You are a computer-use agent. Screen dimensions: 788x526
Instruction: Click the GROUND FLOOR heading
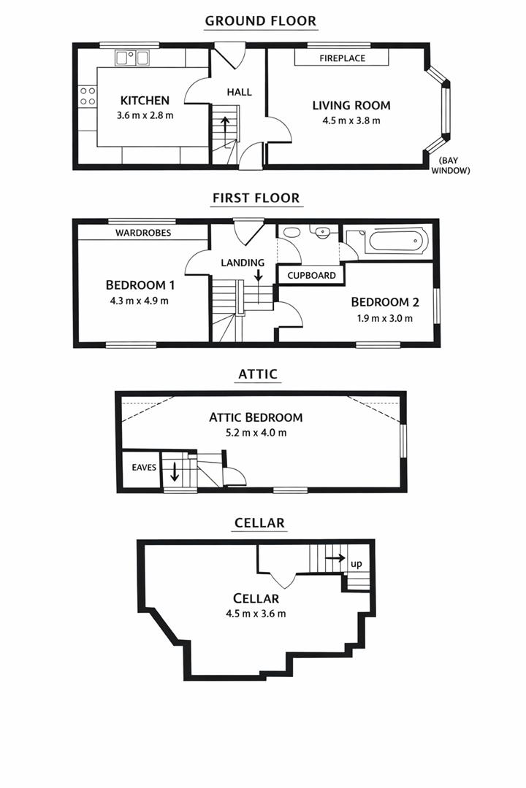tap(261, 20)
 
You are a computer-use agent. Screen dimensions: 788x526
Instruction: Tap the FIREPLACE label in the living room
tap(342, 58)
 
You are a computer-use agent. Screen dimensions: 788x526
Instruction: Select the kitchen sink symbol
tap(132, 57)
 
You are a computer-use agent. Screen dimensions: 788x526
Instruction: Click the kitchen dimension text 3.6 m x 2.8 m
tap(145, 115)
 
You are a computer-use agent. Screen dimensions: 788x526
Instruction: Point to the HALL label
tap(239, 92)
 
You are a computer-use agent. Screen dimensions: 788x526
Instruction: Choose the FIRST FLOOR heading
tap(256, 198)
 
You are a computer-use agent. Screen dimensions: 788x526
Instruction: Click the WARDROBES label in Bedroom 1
tap(143, 233)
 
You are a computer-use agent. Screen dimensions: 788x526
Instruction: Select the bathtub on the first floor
tap(394, 240)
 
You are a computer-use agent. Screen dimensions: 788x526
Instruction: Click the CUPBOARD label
tap(311, 275)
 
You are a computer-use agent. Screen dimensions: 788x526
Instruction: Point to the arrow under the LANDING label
tap(259, 274)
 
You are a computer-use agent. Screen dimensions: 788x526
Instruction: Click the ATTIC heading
tap(258, 374)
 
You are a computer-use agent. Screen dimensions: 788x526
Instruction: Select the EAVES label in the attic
tap(143, 467)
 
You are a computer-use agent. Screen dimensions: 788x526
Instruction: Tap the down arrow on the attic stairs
tap(175, 471)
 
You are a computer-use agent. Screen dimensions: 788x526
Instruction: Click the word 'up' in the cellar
tap(357, 564)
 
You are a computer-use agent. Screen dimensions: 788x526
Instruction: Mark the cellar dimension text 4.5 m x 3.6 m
tap(256, 614)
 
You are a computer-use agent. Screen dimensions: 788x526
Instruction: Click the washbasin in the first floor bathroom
tap(321, 232)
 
